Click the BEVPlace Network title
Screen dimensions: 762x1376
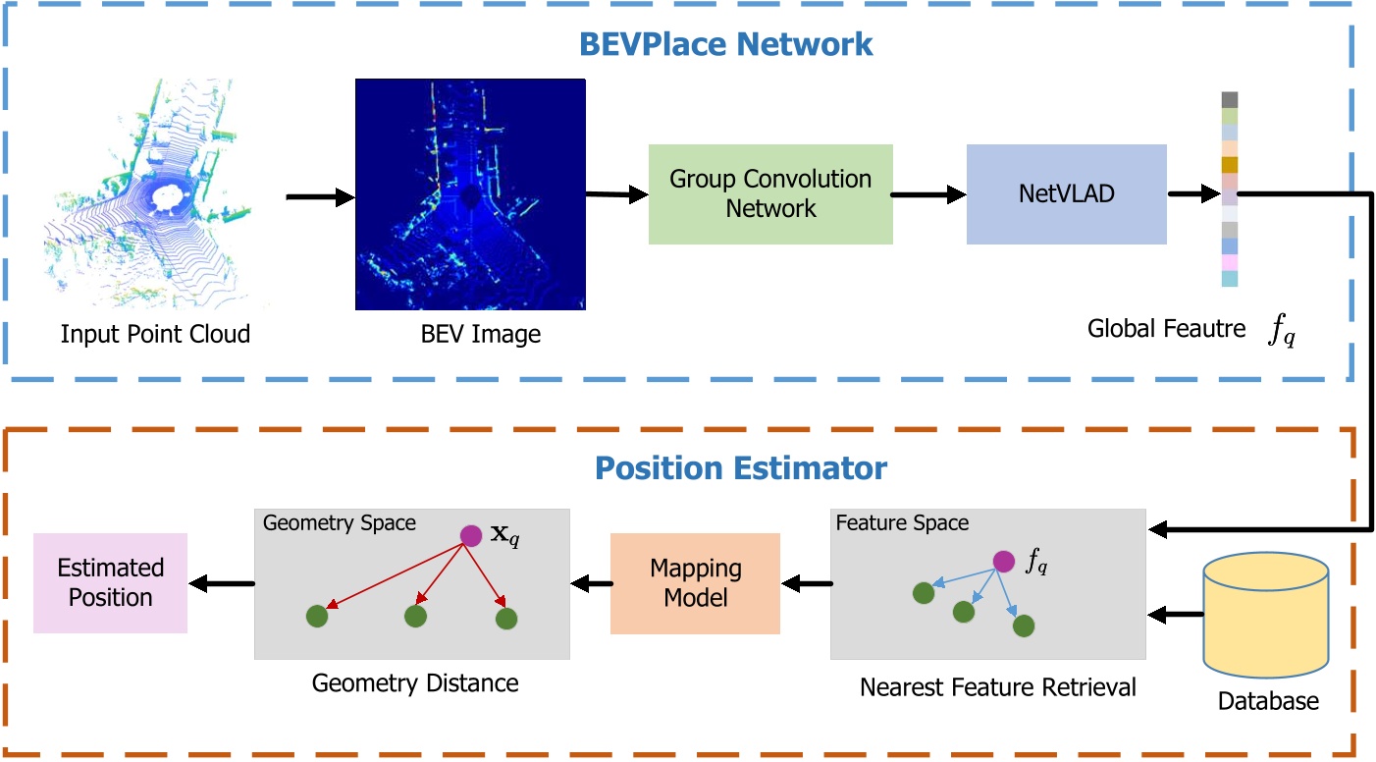[725, 44]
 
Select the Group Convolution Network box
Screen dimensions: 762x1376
[770, 193]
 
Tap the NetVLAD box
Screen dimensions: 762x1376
[1066, 193]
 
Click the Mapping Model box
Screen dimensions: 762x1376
[695, 583]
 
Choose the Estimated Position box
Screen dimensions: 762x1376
[110, 583]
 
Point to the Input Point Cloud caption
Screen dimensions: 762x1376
[155, 334]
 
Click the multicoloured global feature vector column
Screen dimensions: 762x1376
[1230, 190]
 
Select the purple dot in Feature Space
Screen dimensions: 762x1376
[1003, 562]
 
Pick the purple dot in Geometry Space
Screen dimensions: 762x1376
[471, 535]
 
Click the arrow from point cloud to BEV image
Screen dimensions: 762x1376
[319, 198]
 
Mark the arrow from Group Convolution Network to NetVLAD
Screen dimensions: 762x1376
[928, 195]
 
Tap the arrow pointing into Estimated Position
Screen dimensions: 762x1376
[221, 584]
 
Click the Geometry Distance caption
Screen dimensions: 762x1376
[415, 682]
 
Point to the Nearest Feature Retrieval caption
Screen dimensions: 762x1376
[997, 687]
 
